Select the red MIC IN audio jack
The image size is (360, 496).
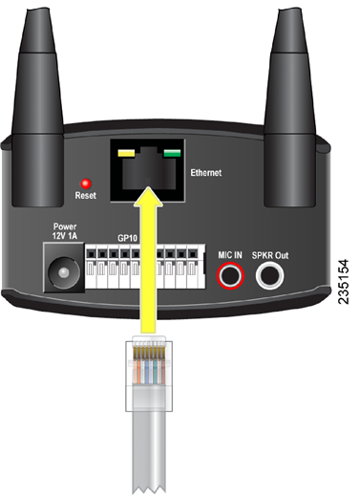click(230, 278)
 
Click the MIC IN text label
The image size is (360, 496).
click(230, 256)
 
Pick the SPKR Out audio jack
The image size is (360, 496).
click(269, 278)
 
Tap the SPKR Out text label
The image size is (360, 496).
click(271, 256)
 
